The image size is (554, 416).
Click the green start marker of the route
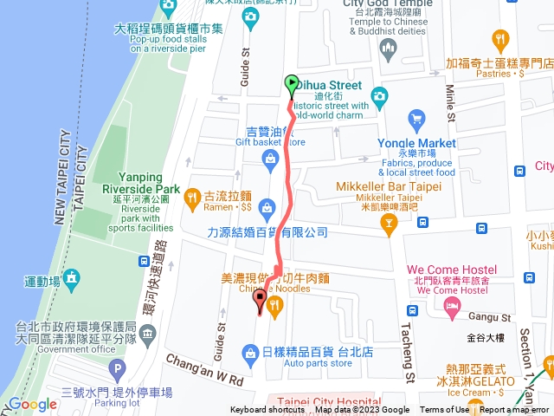click(292, 85)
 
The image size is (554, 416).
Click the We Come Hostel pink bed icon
click(451, 307)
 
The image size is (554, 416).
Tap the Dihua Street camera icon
click(378, 94)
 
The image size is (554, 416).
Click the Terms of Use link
click(444, 410)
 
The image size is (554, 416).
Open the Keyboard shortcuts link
click(267, 410)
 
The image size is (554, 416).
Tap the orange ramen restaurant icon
click(193, 201)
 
